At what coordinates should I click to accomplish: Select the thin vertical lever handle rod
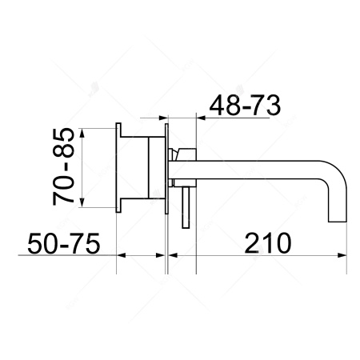[x=186, y=208]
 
